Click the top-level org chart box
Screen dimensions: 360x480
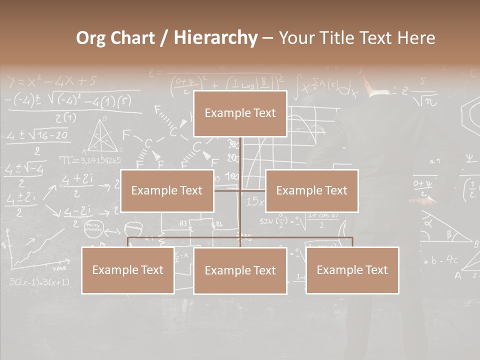[240, 113]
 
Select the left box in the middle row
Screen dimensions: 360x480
[167, 190]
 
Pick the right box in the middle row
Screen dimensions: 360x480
[311, 190]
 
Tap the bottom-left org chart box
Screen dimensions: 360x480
[127, 270]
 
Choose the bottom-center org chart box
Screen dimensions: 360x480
[240, 270]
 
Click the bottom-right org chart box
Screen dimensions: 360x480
[352, 270]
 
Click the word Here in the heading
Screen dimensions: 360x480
[416, 38]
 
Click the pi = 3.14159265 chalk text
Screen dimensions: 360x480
[90, 160]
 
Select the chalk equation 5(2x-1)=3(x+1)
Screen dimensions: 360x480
[39, 282]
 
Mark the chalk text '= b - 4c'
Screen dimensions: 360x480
[440, 260]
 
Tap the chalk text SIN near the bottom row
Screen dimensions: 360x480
[266, 220]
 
